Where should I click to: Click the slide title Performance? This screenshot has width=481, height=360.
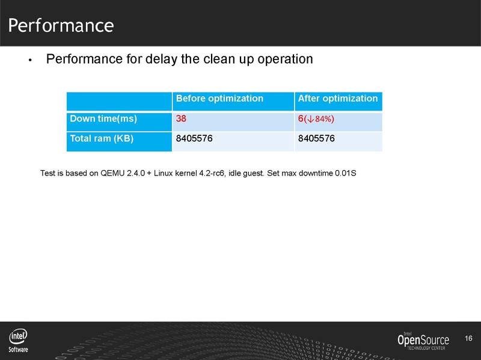[x=61, y=25]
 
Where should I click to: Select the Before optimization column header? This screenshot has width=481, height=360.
[x=219, y=99]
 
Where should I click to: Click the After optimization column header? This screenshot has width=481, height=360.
[x=338, y=99]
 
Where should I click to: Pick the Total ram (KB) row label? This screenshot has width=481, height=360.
[x=102, y=139]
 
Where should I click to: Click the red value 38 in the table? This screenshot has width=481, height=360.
[x=181, y=119]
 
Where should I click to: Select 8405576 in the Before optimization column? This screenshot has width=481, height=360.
[x=195, y=139]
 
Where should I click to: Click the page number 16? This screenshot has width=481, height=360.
[x=469, y=340]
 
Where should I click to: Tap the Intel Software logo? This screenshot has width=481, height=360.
[x=18, y=341]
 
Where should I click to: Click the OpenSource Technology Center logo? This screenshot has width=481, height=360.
[x=423, y=341]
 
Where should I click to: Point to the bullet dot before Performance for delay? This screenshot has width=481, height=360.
[x=30, y=61]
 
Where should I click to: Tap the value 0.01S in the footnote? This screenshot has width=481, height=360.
[x=346, y=174]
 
